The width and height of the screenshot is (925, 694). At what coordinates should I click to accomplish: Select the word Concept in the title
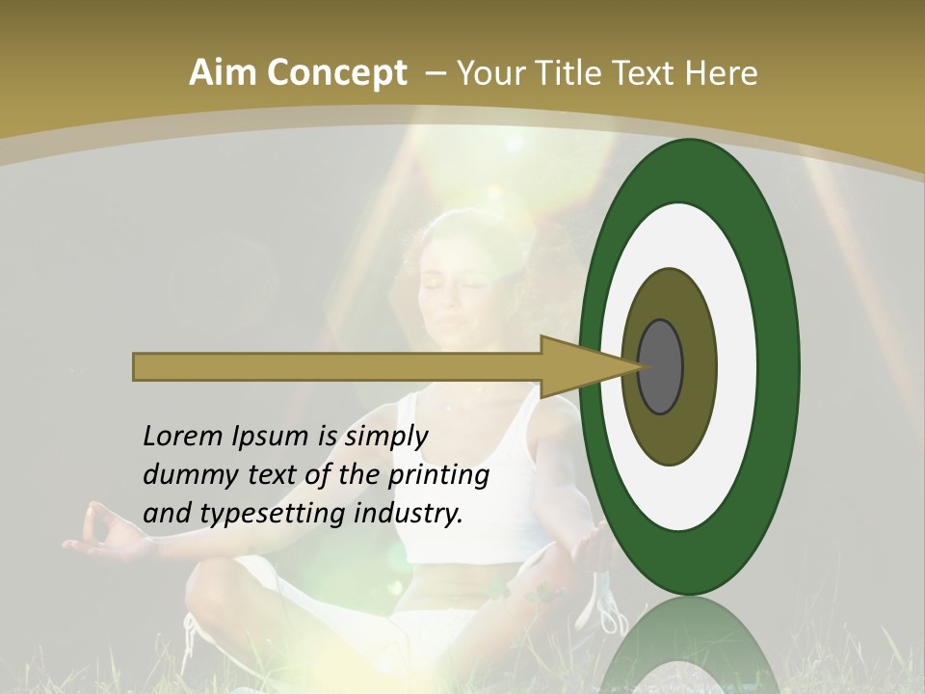point(336,73)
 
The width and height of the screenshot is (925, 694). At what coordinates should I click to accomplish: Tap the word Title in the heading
point(581,73)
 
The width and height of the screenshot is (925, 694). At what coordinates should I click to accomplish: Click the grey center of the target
point(661,366)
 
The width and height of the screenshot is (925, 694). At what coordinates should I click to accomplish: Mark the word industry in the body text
point(408,514)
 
